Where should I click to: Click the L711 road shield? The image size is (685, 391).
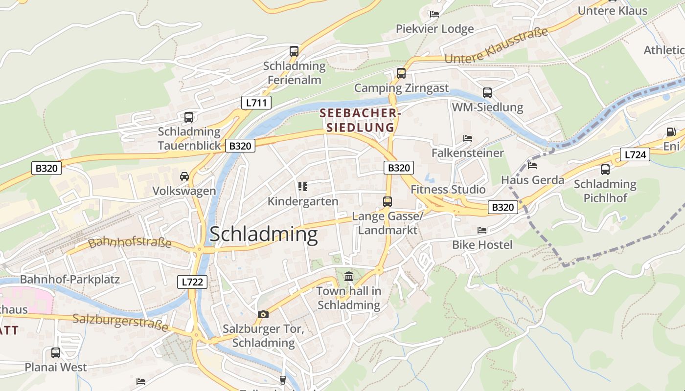[x=256, y=103]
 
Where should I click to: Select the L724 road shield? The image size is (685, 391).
[x=635, y=155]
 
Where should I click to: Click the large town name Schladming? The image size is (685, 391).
[x=264, y=235]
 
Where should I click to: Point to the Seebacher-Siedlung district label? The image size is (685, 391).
[x=360, y=120]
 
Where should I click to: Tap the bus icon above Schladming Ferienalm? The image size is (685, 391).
[x=294, y=51]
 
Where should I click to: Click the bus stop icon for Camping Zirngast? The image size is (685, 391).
[x=401, y=73]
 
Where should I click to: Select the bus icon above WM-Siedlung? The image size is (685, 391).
[x=487, y=92]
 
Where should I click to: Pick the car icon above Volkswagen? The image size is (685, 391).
[x=184, y=176]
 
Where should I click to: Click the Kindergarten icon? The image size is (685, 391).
[x=303, y=187]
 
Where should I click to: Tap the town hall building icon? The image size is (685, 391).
[x=349, y=277]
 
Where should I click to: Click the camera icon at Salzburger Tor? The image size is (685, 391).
[x=263, y=314]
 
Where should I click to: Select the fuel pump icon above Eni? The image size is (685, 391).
[x=671, y=131]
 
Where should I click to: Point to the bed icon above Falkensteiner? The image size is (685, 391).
[x=468, y=138]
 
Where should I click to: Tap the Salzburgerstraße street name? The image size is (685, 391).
[x=120, y=322]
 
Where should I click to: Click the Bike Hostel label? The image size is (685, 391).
[x=482, y=245]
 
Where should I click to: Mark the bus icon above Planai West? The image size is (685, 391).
[x=56, y=352]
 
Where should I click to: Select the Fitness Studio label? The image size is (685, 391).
[x=448, y=189]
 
